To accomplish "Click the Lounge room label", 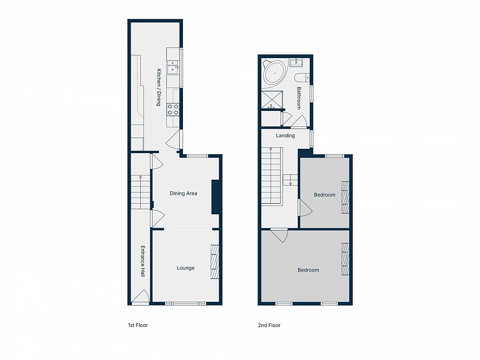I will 186,268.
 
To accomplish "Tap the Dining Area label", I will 183,193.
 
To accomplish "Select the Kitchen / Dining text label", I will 158,87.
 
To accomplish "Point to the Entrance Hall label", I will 142,261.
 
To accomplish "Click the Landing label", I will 285,135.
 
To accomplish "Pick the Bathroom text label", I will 299,98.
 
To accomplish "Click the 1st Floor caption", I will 138,325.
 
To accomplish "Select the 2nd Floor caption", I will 270,325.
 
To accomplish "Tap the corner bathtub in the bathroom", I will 275,74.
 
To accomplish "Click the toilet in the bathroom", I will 301,78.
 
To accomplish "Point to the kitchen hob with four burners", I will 173,109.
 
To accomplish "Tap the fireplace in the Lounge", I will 214,261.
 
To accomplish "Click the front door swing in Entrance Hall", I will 141,297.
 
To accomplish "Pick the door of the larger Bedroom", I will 279,234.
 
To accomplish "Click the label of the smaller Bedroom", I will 324,195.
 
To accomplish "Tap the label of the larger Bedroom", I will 308,270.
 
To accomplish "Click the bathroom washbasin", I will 295,63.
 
